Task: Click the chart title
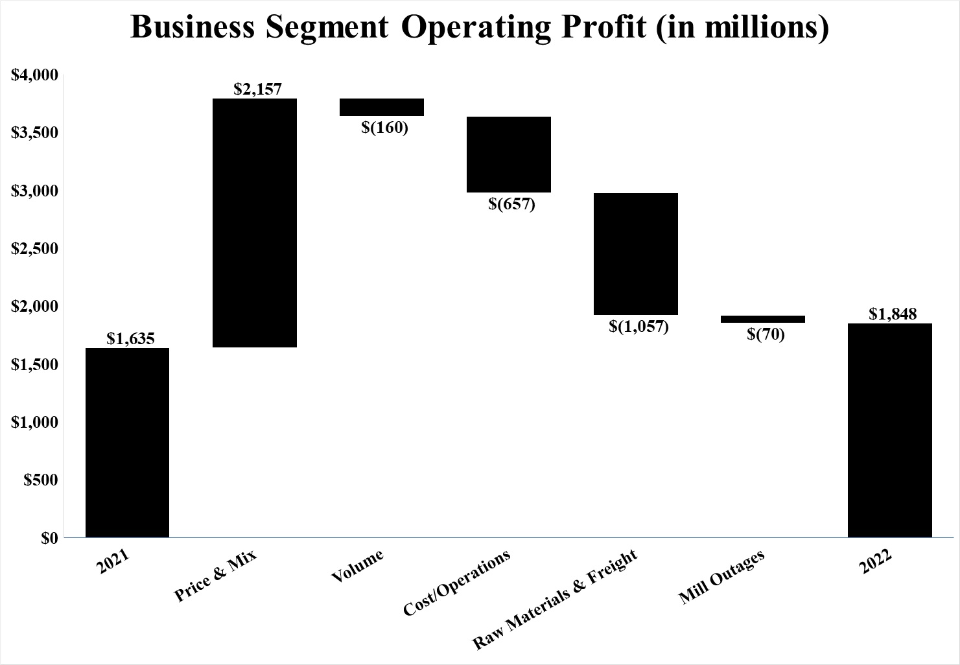pos(480,29)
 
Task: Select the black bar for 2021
pos(127,443)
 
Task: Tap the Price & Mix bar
pos(255,223)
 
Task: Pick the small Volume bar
pos(382,107)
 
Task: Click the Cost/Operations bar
pos(509,154)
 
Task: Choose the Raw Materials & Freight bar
pos(636,253)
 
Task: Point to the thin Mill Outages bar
pos(763,319)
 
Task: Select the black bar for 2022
pos(890,430)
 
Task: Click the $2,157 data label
pos(258,89)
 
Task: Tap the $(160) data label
pos(385,127)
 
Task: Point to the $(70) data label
pos(766,334)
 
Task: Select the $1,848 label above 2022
pos(893,314)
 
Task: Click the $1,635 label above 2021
pos(130,338)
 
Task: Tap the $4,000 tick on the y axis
pos(35,75)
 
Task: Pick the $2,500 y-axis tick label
pos(35,249)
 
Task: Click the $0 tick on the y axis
pos(49,538)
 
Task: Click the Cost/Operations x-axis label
pos(456,583)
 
